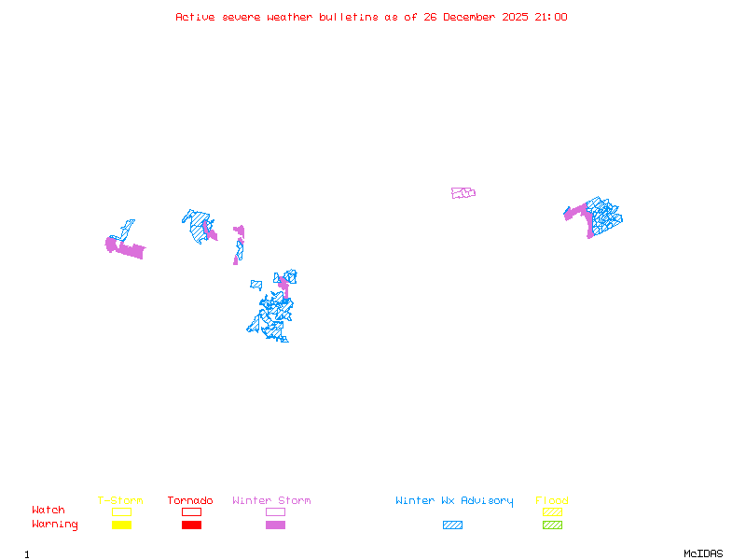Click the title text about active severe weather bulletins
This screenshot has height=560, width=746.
tap(371, 17)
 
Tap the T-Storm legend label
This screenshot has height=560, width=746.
tap(120, 500)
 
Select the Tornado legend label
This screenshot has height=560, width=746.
tap(190, 500)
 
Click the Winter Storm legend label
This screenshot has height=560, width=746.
tap(271, 500)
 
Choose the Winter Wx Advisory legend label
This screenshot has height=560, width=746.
tap(454, 500)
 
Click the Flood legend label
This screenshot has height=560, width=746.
tap(552, 500)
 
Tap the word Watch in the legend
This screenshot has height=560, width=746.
tap(48, 511)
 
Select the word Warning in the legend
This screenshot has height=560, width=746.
tap(54, 525)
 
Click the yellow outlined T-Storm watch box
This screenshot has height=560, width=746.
tap(121, 511)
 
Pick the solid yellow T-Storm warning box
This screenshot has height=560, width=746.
tap(121, 525)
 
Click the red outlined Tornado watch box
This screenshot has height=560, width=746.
tap(191, 511)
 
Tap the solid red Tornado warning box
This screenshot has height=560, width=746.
tap(191, 525)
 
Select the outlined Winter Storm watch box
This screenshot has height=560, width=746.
tap(275, 511)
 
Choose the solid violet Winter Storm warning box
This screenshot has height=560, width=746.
tap(275, 525)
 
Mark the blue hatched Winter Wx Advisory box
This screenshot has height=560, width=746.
tap(452, 525)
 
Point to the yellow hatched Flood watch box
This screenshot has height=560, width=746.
tap(552, 511)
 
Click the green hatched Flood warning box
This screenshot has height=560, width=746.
tap(552, 525)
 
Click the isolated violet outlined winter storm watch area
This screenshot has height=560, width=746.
tap(463, 193)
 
